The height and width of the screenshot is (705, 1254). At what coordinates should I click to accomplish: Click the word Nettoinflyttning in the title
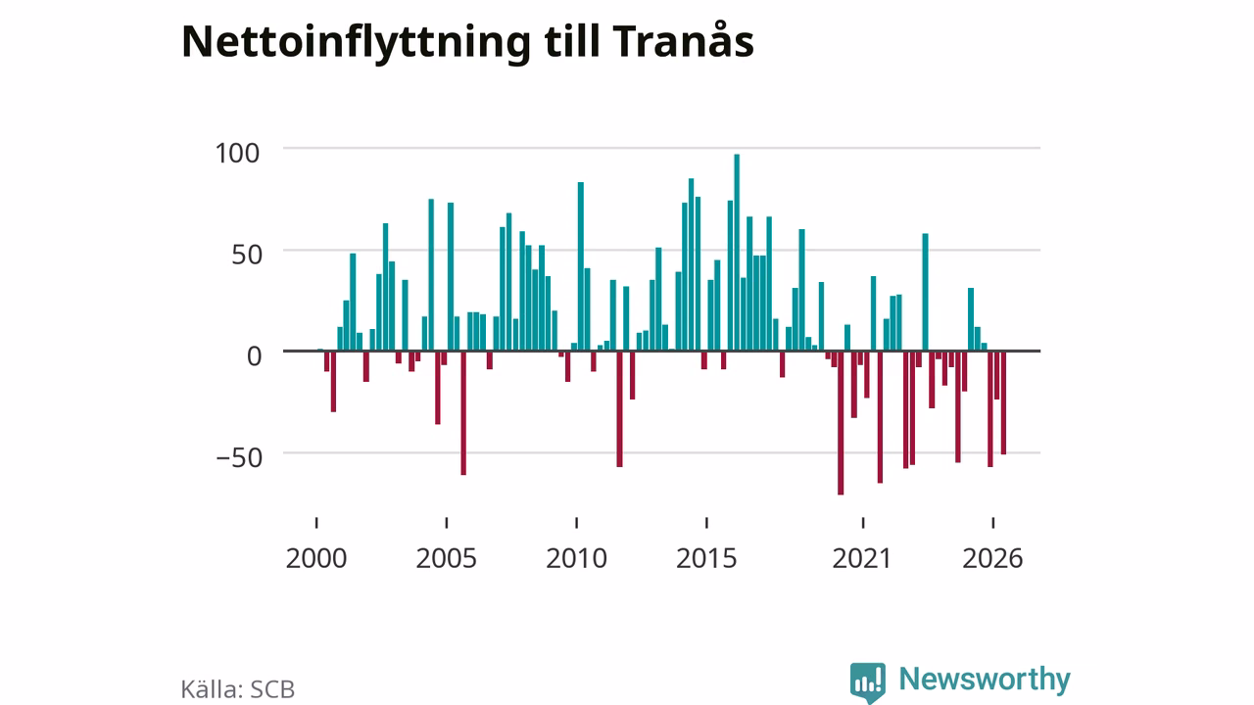(x=356, y=42)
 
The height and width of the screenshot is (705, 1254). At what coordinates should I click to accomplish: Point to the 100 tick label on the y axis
(x=237, y=154)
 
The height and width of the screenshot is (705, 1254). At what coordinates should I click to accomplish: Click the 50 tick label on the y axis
(x=247, y=256)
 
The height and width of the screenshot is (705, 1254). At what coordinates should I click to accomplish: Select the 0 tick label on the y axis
(x=254, y=356)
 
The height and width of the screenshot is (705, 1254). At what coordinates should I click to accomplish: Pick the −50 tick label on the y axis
(x=239, y=457)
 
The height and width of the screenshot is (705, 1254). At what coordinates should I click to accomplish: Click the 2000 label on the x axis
(x=316, y=558)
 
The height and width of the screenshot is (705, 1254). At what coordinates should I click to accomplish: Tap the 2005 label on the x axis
(x=446, y=558)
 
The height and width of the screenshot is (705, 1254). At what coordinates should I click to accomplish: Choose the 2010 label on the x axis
(x=577, y=558)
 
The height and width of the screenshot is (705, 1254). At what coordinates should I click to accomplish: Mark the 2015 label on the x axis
(x=706, y=558)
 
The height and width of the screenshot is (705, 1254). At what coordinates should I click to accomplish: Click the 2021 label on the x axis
(x=861, y=558)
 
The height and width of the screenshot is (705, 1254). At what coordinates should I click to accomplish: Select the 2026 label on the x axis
(x=992, y=558)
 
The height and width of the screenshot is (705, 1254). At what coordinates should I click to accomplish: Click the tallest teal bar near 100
(x=737, y=253)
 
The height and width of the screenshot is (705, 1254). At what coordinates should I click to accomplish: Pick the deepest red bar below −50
(x=841, y=423)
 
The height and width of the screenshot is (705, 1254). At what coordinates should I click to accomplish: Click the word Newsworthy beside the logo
(x=985, y=679)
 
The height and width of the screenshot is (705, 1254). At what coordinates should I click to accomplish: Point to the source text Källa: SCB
(x=238, y=689)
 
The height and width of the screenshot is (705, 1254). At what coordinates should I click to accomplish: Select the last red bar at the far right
(x=1004, y=402)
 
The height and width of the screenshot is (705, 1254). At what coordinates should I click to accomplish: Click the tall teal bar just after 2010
(x=581, y=266)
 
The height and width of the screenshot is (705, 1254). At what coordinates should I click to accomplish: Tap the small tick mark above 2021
(x=863, y=523)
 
